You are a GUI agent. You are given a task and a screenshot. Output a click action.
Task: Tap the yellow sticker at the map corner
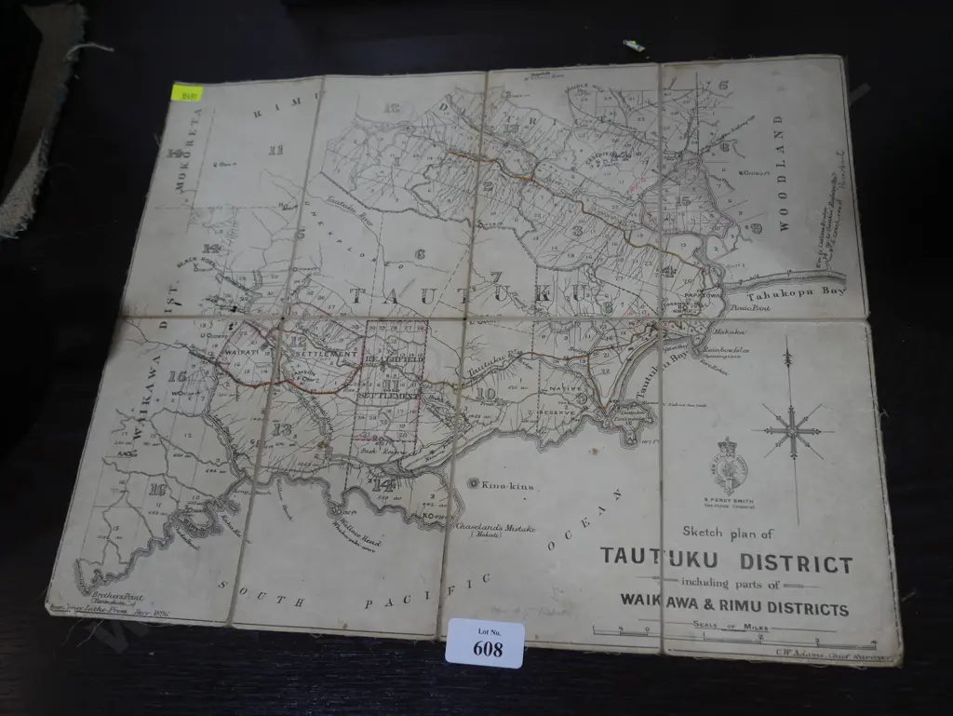188,92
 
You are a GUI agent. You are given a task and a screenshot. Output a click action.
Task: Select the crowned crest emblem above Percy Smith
730,464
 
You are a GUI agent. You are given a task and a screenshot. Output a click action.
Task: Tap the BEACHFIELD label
395,358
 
